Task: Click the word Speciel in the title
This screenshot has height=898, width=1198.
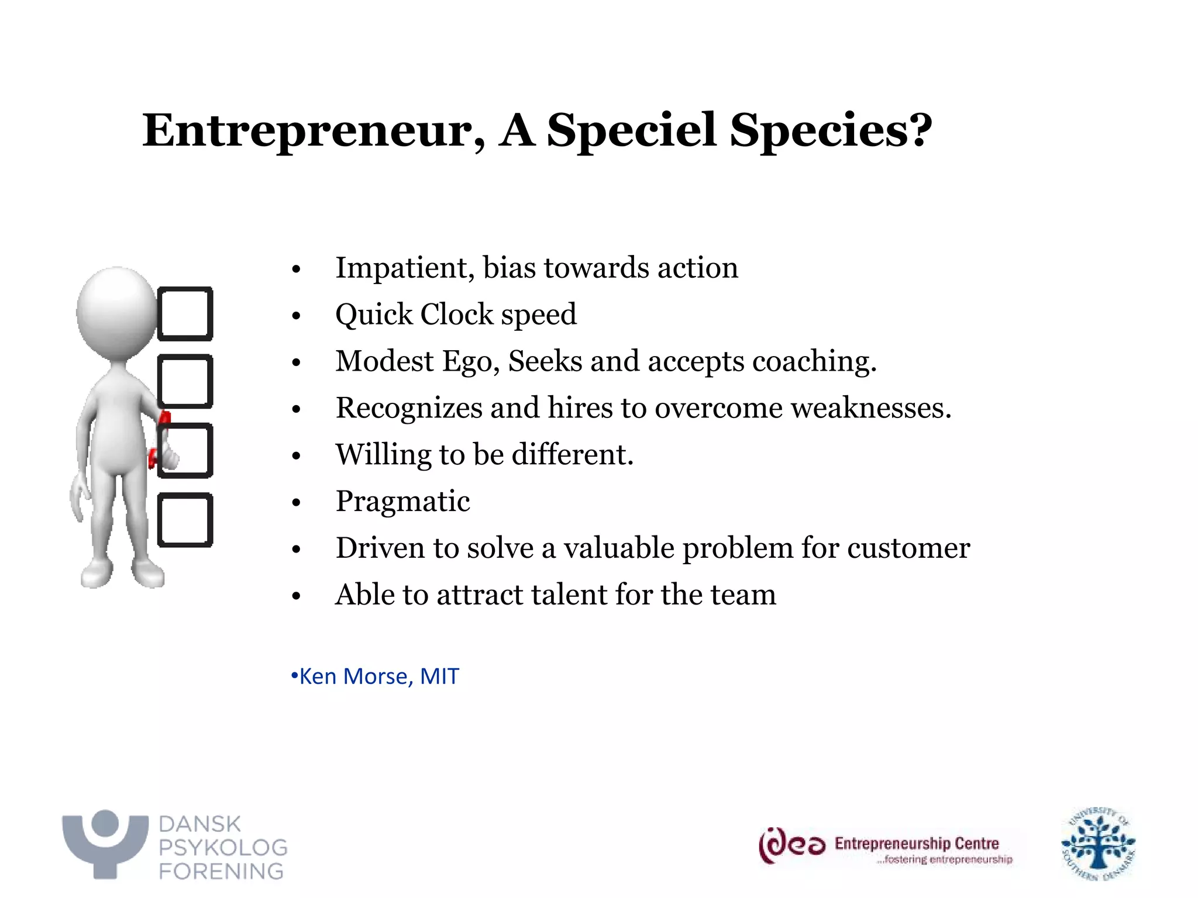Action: tap(631, 130)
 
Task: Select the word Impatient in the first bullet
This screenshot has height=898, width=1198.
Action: tap(404, 268)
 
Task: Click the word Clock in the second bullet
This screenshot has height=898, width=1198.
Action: tap(456, 315)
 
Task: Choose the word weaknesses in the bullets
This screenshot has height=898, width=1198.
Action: tap(871, 407)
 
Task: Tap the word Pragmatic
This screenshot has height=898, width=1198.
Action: tap(402, 502)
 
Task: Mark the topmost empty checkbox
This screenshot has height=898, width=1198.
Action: tap(185, 314)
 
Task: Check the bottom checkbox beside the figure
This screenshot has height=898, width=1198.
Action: tap(185, 520)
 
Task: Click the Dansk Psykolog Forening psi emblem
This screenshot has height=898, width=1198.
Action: tap(105, 842)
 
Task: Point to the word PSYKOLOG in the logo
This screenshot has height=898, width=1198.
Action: tap(223, 847)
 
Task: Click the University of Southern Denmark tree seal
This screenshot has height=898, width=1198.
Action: tap(1098, 844)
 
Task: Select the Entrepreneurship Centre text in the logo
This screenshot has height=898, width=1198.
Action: tap(916, 843)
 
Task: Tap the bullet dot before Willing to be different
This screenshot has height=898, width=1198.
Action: tap(296, 455)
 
